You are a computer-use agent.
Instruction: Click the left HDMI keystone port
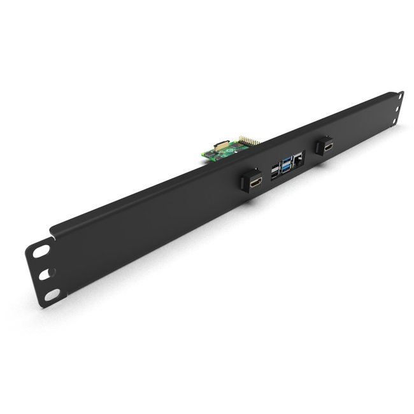point(256,182)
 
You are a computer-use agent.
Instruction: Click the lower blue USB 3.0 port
point(287,169)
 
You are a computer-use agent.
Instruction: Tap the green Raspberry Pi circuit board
point(223,151)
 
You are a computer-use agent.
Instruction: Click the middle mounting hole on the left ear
point(45,273)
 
